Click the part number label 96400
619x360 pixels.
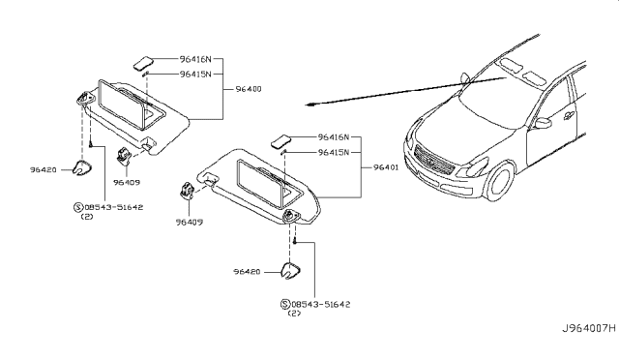[x=249, y=88]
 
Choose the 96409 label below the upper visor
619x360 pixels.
[x=127, y=180]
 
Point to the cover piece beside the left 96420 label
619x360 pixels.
[x=83, y=169]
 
